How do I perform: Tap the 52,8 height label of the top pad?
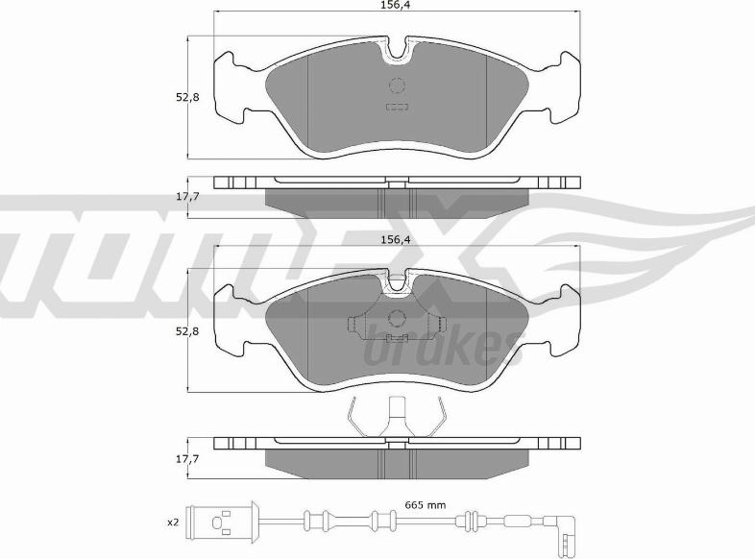click(187, 97)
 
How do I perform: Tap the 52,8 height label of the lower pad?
click(187, 331)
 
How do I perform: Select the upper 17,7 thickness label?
click(187, 197)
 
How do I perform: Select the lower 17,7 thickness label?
click(187, 459)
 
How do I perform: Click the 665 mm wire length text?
click(425, 505)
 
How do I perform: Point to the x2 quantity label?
click(173, 523)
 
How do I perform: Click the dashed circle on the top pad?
click(398, 85)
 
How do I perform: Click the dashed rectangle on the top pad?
click(398, 107)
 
